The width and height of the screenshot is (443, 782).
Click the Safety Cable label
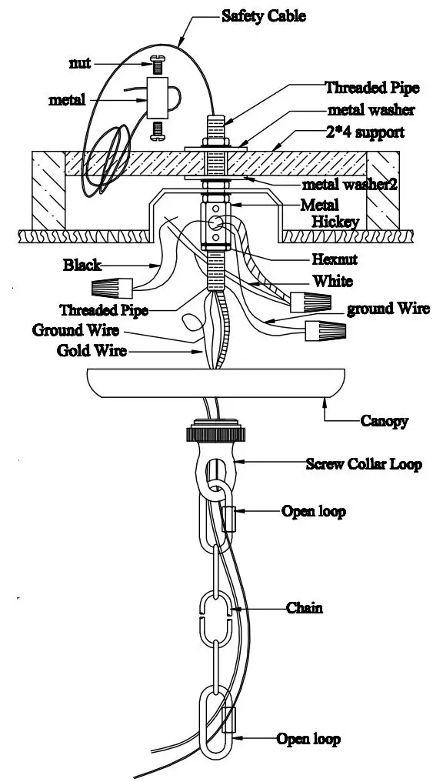pyautogui.click(x=263, y=16)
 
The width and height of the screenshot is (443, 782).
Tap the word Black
pyautogui.click(x=82, y=266)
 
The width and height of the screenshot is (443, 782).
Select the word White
pyautogui.click(x=332, y=282)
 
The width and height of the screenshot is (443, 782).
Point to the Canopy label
pyautogui.click(x=384, y=421)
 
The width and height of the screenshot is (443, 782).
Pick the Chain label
pyautogui.click(x=305, y=608)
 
